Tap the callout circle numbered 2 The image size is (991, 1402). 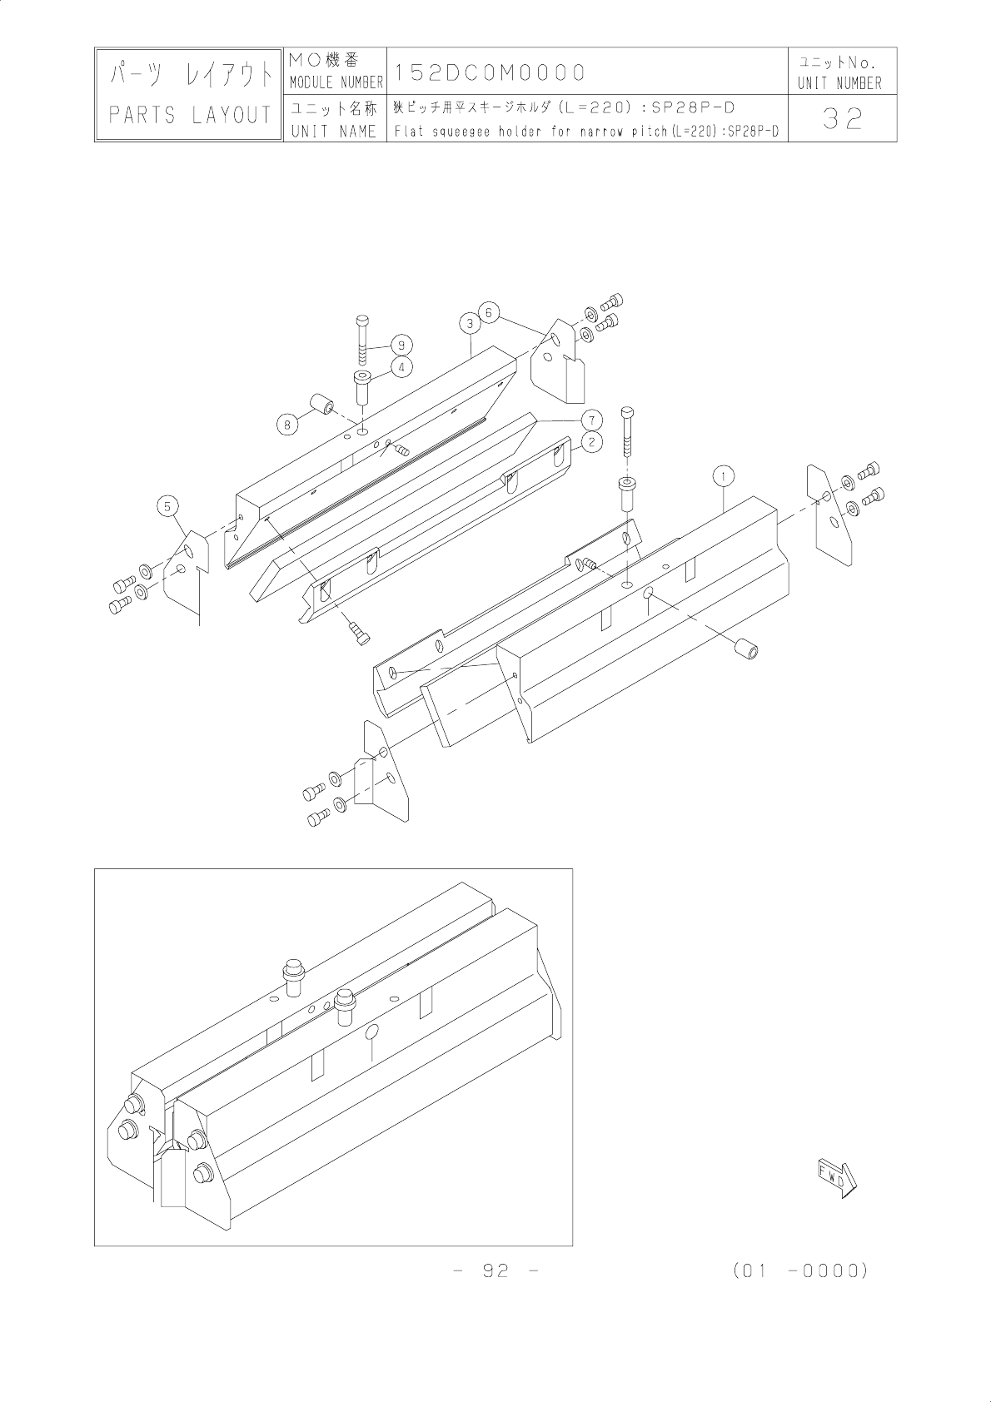pos(590,441)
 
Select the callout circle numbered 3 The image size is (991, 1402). pos(470,323)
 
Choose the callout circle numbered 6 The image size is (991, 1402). pos(490,312)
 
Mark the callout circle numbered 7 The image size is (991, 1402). pos(590,418)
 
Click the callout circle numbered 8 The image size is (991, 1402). pos(287,424)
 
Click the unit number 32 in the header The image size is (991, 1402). pos(842,121)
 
